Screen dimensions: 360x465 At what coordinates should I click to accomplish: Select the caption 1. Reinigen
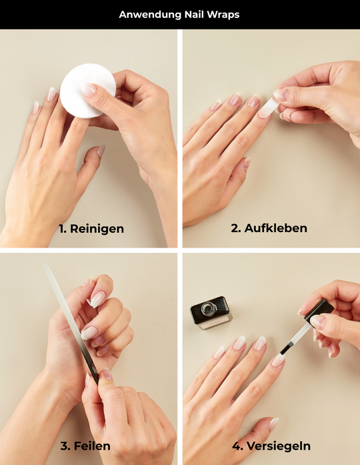click(x=91, y=229)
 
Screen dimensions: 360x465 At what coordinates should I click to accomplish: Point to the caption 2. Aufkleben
click(x=269, y=228)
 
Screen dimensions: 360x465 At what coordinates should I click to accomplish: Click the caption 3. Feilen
click(x=85, y=446)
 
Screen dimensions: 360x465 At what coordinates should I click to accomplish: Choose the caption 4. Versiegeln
click(x=271, y=446)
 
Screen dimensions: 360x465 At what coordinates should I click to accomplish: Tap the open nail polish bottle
click(x=211, y=313)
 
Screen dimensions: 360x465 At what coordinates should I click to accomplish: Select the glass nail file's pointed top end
click(x=45, y=266)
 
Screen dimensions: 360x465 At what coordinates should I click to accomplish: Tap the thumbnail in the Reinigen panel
click(x=101, y=151)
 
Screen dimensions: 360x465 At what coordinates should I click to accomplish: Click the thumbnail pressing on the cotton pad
click(x=89, y=90)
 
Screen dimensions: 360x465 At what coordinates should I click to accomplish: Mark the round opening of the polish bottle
click(x=209, y=308)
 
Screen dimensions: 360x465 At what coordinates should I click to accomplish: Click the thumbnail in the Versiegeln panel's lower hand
click(x=273, y=423)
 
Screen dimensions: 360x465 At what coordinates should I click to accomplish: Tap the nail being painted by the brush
click(x=278, y=360)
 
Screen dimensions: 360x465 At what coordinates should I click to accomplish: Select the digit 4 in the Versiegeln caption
click(x=236, y=446)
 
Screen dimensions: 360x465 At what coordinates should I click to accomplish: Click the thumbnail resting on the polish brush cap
click(x=318, y=322)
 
